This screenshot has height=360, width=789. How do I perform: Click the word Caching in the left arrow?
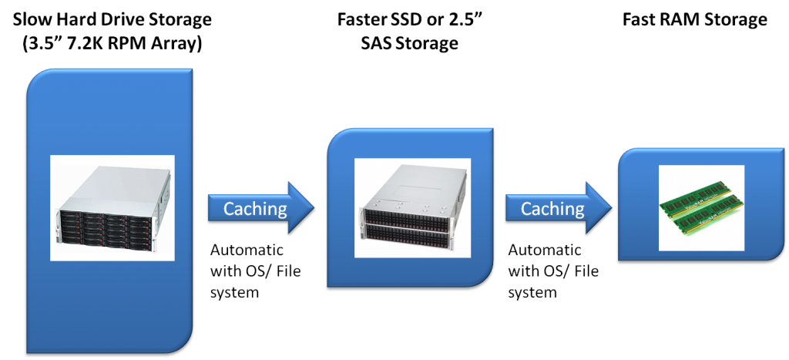[254, 208]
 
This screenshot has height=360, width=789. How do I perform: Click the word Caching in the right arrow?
[552, 208]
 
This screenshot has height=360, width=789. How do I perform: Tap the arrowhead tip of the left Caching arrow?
[314, 207]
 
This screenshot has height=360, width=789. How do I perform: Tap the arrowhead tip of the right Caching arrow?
[612, 207]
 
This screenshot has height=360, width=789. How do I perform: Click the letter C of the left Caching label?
[229, 208]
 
